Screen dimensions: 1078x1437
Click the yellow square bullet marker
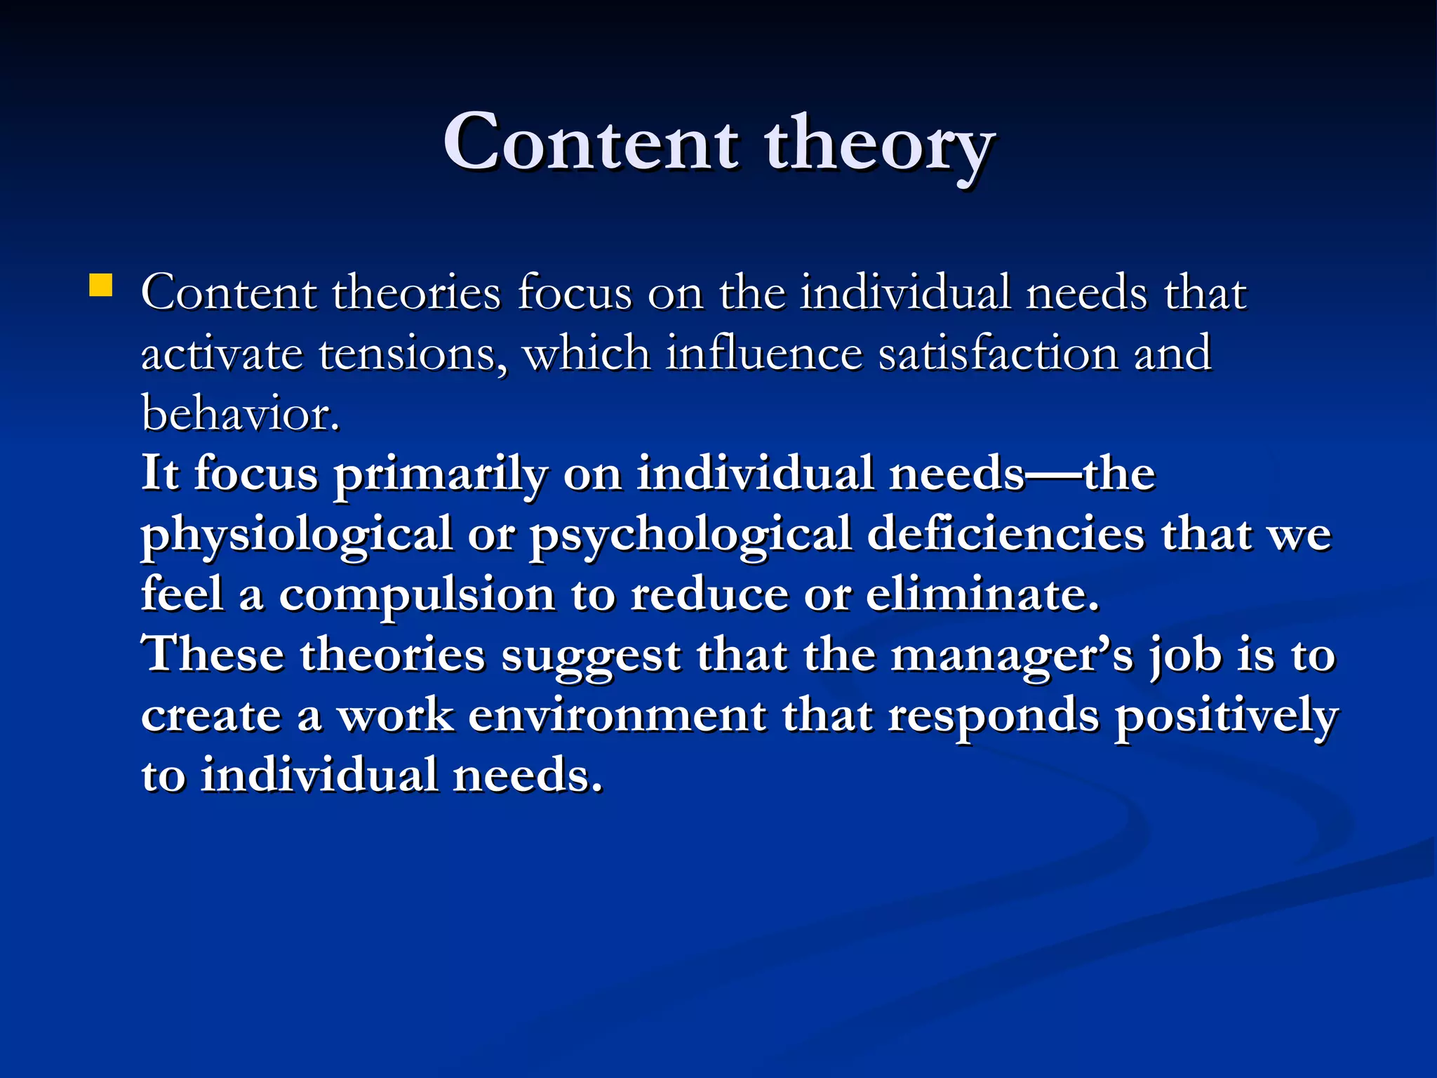101,286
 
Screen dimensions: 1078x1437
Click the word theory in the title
878,146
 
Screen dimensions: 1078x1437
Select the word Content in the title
591,143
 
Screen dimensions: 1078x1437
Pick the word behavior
240,413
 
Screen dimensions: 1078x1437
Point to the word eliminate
982,595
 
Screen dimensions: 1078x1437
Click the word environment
617,716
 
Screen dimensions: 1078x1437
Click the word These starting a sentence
213,655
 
